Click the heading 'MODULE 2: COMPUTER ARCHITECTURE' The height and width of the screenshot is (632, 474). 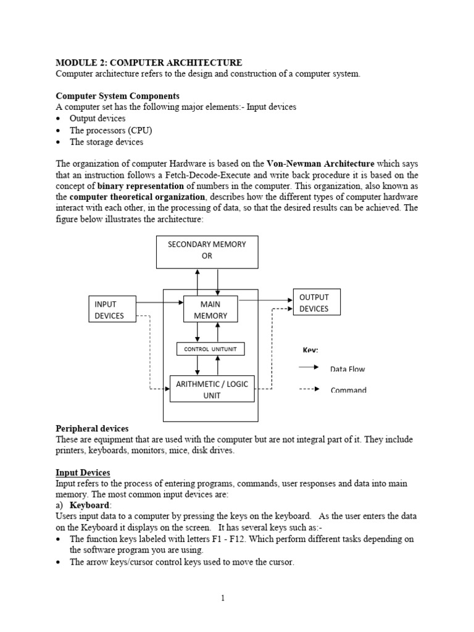tap(149, 62)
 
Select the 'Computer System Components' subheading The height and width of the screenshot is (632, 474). tap(118, 96)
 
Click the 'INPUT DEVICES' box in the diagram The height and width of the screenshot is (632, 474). tap(112, 310)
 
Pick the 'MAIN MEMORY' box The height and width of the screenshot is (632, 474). tap(210, 310)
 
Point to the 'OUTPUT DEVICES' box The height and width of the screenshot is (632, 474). tap(315, 303)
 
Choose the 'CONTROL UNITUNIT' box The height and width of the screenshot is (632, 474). tap(210, 349)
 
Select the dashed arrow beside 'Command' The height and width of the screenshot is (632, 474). tap(309, 389)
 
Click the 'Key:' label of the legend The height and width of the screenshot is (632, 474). tap(310, 350)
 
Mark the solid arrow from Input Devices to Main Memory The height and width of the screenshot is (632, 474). tap(159, 302)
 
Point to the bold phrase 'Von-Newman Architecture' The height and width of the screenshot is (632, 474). tap(320, 164)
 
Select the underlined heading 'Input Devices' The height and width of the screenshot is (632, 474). tap(83, 473)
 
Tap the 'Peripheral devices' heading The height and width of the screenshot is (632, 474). tap(92, 428)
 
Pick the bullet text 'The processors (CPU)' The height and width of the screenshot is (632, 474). tap(110, 130)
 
